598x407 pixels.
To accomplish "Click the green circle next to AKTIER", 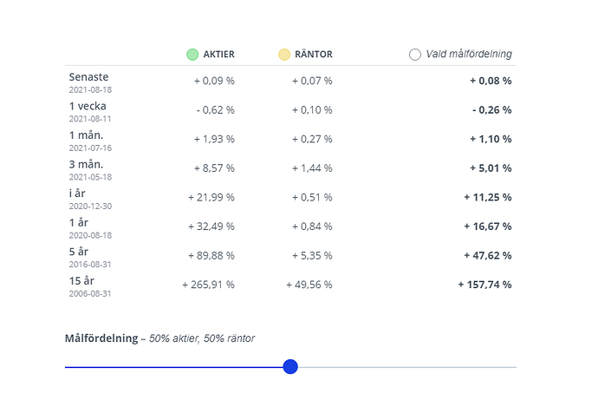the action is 192,55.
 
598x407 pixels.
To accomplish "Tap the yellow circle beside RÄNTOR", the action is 284,55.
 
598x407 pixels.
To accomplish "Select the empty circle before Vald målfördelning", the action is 415,55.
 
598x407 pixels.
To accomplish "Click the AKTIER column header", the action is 219,55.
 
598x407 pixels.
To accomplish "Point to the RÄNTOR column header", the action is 314,55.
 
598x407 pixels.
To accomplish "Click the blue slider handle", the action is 290,366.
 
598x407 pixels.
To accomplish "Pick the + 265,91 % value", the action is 208,285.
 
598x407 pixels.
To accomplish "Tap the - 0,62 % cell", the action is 216,110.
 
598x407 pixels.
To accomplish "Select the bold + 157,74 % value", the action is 484,285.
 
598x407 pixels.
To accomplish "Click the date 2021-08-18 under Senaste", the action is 90,89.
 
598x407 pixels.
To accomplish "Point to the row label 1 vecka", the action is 88,106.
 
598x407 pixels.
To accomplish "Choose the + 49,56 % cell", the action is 309,285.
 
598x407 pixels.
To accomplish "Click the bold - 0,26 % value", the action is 492,110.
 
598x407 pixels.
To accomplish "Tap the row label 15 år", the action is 81,280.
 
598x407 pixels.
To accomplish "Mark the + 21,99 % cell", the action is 211,197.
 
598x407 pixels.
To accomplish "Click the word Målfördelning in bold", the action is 101,338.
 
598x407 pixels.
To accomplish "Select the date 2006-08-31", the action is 90,293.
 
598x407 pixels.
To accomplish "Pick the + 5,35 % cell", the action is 312,256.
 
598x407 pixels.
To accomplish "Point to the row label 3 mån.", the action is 86,164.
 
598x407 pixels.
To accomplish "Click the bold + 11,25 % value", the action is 488,197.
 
